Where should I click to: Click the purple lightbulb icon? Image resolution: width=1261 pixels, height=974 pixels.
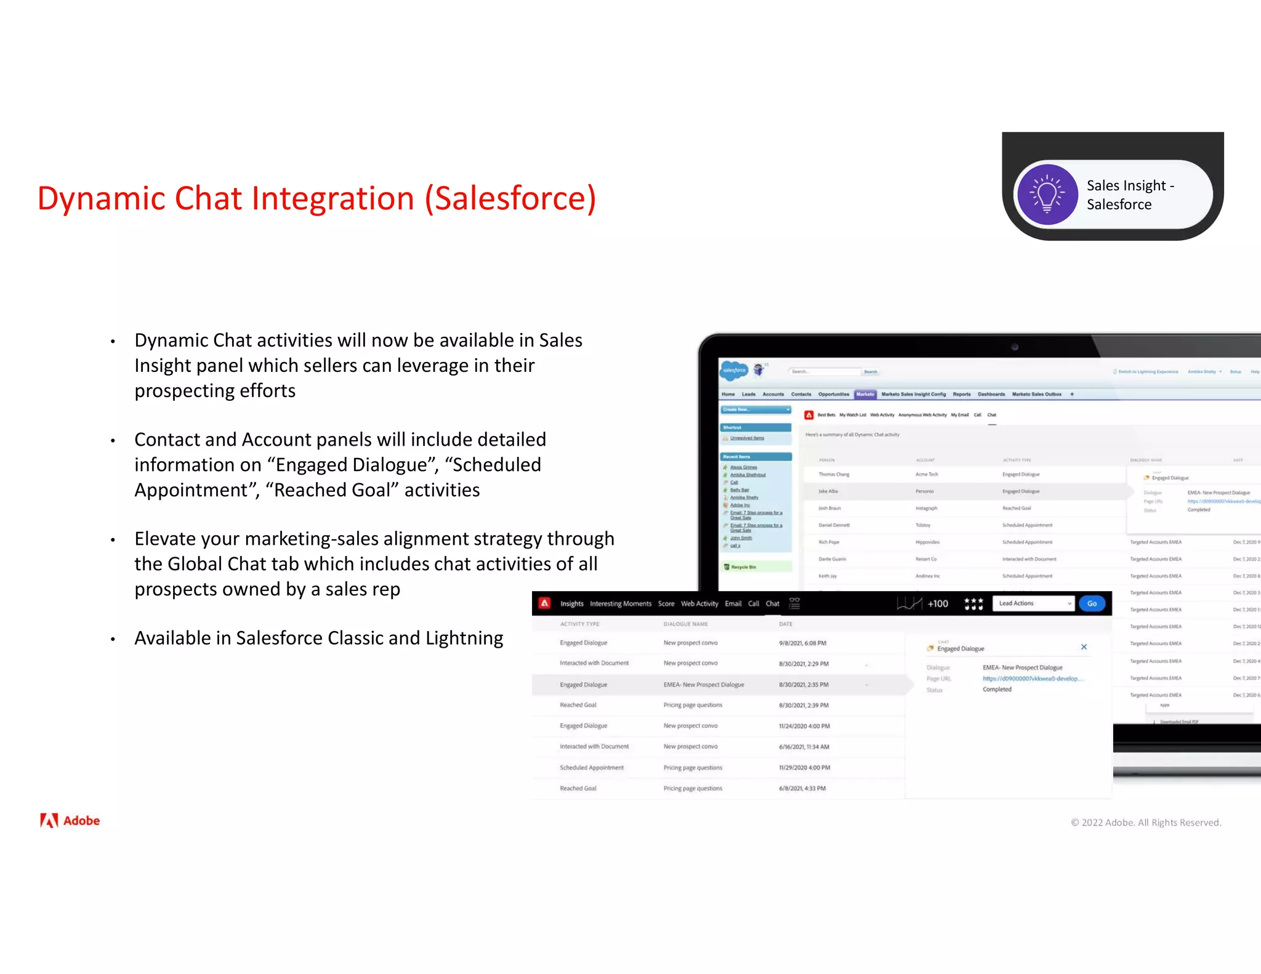point(1047,194)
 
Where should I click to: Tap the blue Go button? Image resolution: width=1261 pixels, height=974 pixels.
point(1092,603)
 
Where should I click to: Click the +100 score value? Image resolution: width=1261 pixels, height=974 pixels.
point(938,603)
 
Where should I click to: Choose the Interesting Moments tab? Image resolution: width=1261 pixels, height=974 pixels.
point(620,603)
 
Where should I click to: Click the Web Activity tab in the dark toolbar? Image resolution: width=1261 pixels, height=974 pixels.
point(699,603)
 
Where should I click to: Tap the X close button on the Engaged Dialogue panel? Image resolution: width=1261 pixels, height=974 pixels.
point(1084,647)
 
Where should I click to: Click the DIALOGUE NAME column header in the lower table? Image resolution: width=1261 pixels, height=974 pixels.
point(685,624)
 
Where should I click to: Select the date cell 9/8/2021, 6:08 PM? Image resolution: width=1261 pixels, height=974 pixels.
point(802,643)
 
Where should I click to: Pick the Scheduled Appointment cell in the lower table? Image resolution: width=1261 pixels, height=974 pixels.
point(592,768)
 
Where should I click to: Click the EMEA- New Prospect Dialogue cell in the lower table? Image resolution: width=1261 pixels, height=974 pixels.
point(704,685)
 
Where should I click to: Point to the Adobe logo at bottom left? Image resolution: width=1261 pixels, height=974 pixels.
point(70,821)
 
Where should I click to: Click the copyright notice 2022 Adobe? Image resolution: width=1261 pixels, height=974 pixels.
point(1146,823)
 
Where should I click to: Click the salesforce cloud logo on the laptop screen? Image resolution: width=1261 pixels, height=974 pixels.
point(733,370)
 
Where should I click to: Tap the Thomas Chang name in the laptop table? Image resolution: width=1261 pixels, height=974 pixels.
point(834,474)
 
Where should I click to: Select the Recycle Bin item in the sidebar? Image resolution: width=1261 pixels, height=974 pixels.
point(743,567)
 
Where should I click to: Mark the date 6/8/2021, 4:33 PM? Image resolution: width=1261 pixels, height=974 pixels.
point(802,788)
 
